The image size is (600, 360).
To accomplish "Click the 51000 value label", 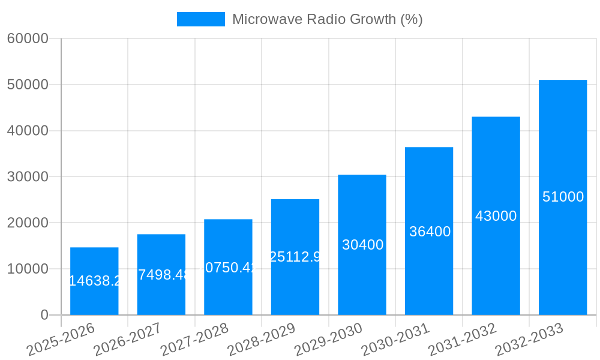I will click(563, 197).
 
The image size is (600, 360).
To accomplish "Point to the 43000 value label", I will click(496, 216).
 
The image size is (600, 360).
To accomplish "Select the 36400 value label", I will click(430, 232).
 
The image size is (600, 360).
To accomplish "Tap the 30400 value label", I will click(362, 245).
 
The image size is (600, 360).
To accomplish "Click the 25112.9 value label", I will click(295, 257).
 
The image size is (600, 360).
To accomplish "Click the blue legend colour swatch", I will click(200, 19).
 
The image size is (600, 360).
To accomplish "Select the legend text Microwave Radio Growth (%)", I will click(327, 19).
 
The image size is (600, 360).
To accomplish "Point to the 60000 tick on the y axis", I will click(28, 38).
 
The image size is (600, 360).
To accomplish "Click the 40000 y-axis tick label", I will click(28, 131).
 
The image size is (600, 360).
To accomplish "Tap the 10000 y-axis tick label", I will click(28, 269).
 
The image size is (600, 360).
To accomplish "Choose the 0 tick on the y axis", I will click(44, 315).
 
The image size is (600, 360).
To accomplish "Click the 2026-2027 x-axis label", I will click(127, 339).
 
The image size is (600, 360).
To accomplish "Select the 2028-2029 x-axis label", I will click(260, 339).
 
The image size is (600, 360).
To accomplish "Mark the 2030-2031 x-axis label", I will click(395, 339).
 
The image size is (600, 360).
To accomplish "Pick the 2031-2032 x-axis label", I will click(461, 339).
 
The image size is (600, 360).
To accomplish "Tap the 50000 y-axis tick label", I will click(28, 85).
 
